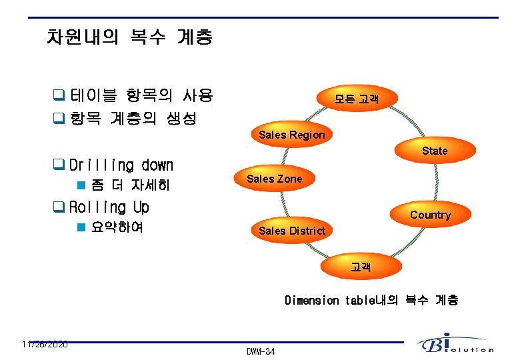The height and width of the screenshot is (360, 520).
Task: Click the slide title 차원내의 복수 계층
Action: [130, 37]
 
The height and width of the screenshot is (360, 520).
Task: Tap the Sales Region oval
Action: [292, 135]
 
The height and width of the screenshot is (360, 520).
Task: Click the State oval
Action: [434, 151]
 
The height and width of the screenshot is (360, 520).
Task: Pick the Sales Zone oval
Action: [274, 179]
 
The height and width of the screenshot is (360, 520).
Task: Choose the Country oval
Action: [430, 215]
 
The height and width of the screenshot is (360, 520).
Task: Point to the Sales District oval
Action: [291, 231]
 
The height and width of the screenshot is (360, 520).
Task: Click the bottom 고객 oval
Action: [361, 267]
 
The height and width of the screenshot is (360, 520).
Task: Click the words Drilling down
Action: [121, 165]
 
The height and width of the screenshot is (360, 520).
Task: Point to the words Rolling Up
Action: [109, 207]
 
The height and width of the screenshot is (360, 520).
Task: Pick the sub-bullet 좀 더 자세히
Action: [130, 185]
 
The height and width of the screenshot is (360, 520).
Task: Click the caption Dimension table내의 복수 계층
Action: [371, 301]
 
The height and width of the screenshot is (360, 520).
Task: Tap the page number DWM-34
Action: [261, 351]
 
